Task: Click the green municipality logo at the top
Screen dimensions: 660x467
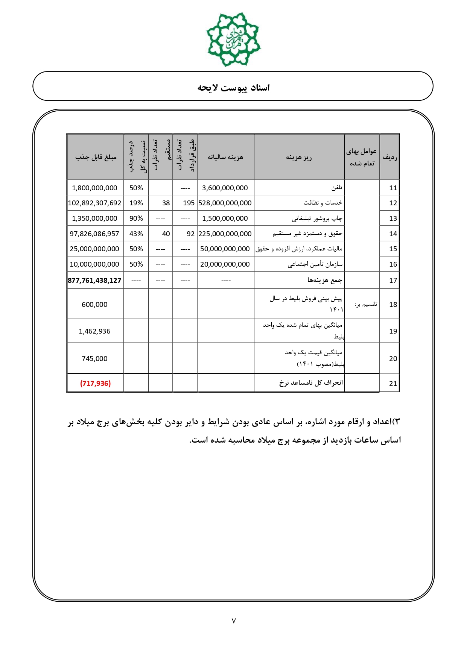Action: pyautogui.click(x=233, y=39)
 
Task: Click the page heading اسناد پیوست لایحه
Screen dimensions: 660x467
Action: pyautogui.click(x=233, y=88)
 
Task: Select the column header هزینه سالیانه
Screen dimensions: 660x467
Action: pyautogui.click(x=225, y=157)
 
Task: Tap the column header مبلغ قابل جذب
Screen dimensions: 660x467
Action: pyautogui.click(x=96, y=157)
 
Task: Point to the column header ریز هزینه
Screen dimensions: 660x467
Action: pyautogui.click(x=299, y=157)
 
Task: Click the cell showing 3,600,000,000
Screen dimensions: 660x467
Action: pyautogui.click(x=225, y=188)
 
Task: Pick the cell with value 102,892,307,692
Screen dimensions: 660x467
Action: pyautogui.click(x=95, y=203)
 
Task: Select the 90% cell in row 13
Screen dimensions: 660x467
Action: pyautogui.click(x=136, y=218)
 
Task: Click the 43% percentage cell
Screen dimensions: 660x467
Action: pyautogui.click(x=136, y=234)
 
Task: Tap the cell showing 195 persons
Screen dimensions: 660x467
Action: pyautogui.click(x=189, y=203)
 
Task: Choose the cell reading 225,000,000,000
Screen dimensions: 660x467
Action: pyautogui.click(x=225, y=234)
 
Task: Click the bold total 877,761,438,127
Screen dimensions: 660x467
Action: pyautogui.click(x=95, y=281)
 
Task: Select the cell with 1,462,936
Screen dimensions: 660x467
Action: pyautogui.click(x=94, y=331)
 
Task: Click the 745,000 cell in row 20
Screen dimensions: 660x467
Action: pyautogui.click(x=94, y=359)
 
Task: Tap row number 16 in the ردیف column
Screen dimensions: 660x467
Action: pyautogui.click(x=393, y=264)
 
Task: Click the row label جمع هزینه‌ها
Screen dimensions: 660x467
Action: pyautogui.click(x=325, y=280)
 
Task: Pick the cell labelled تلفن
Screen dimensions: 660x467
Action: pyautogui.click(x=336, y=188)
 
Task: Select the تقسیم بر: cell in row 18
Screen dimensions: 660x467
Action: pyautogui.click(x=365, y=305)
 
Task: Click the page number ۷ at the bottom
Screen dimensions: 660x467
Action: pyautogui.click(x=233, y=621)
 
